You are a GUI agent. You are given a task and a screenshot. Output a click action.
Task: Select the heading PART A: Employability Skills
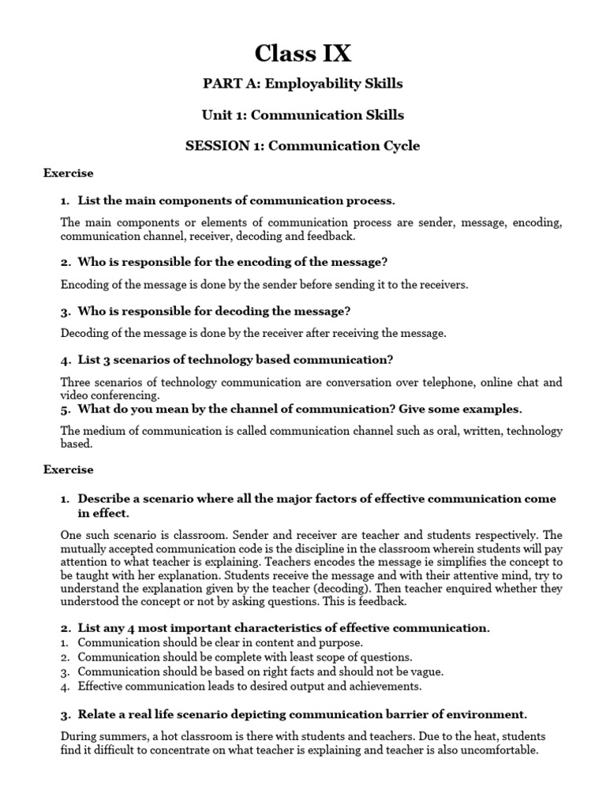pyautogui.click(x=303, y=84)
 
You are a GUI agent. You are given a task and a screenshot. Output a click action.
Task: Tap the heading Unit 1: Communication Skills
pyautogui.click(x=303, y=115)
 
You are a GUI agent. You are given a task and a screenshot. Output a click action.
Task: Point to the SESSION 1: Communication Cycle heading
pyautogui.click(x=303, y=146)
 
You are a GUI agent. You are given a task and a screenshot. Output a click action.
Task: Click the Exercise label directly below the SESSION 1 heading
pyautogui.click(x=68, y=173)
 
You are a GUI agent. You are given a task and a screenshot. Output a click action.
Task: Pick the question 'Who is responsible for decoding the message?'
pyautogui.click(x=214, y=311)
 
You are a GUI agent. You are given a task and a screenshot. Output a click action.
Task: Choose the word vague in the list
pyautogui.click(x=427, y=671)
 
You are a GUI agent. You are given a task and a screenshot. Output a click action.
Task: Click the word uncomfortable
pyautogui.click(x=499, y=750)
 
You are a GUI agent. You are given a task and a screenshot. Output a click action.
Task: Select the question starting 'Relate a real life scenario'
pyautogui.click(x=301, y=715)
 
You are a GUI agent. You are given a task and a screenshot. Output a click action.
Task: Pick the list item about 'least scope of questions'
pyautogui.click(x=245, y=657)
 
